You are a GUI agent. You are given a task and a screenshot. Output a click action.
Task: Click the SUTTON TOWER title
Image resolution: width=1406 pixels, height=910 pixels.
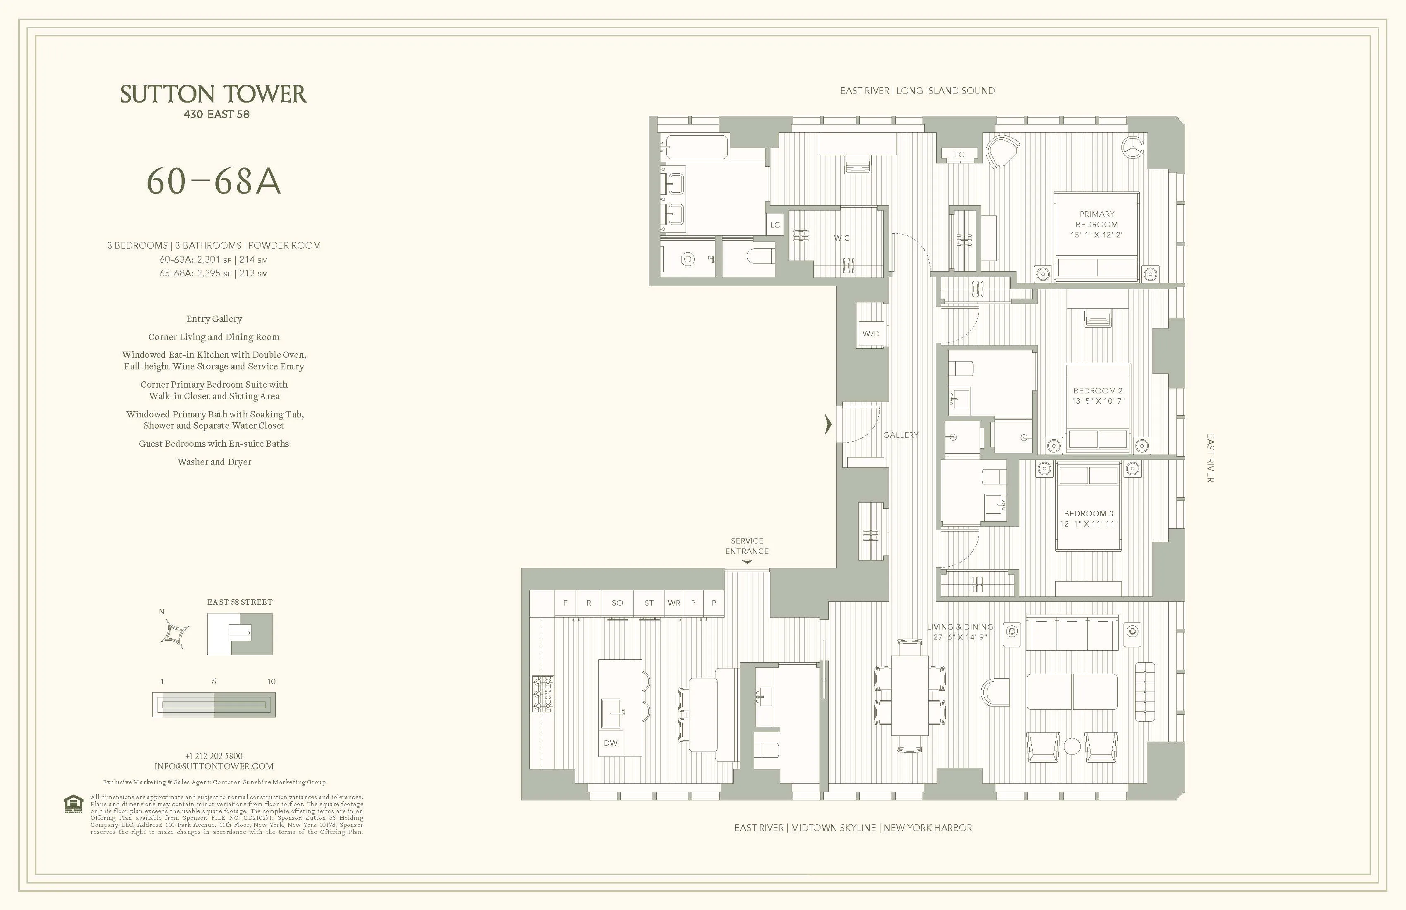(213, 95)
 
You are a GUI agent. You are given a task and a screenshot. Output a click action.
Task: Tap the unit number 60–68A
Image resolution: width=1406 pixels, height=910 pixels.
(213, 182)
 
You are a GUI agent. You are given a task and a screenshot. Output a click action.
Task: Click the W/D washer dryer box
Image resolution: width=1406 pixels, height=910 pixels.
(871, 333)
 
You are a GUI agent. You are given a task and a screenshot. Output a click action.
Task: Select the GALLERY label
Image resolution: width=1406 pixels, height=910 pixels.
(900, 435)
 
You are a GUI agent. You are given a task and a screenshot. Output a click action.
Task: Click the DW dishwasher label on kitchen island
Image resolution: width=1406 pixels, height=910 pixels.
(610, 743)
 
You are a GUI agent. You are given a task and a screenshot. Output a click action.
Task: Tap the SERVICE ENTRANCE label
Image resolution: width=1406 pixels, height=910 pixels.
(747, 546)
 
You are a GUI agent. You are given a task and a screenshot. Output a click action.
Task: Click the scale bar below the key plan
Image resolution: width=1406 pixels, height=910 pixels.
(213, 705)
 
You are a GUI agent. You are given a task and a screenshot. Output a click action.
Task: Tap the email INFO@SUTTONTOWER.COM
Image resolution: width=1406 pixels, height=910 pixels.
(214, 766)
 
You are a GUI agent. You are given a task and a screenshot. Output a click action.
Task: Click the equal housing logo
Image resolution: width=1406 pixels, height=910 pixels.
(73, 804)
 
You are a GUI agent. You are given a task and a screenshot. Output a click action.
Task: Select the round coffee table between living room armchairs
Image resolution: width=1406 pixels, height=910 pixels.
(1071, 746)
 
